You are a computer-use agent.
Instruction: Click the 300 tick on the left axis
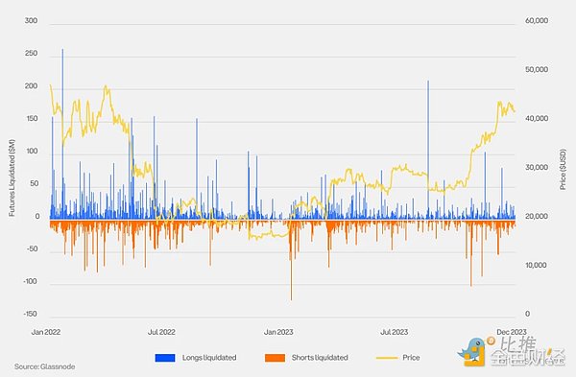(29, 21)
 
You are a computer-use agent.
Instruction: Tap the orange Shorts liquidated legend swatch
(268, 358)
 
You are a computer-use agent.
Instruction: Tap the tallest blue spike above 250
(62, 50)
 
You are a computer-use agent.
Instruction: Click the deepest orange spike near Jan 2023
(291, 298)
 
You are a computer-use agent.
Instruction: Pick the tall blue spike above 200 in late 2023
(428, 82)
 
